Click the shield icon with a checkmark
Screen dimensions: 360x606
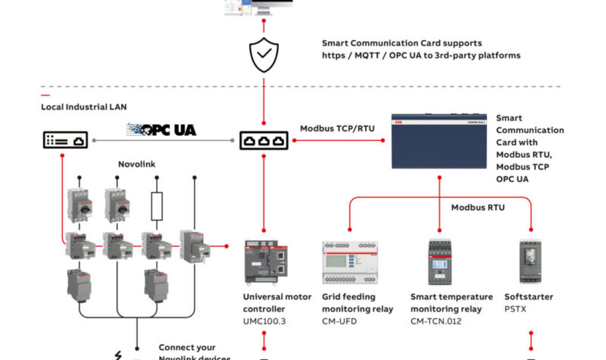(264, 55)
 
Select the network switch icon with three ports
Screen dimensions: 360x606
(264, 141)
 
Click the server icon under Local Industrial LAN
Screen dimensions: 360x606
(64, 140)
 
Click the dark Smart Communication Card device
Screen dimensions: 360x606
(438, 141)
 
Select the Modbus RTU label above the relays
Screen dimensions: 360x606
(478, 207)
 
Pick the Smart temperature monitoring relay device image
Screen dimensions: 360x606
(439, 261)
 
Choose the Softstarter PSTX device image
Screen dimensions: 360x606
(531, 262)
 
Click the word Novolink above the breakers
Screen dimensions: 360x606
(137, 164)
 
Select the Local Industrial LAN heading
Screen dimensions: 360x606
(84, 107)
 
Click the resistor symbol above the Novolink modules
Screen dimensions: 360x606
(157, 205)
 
